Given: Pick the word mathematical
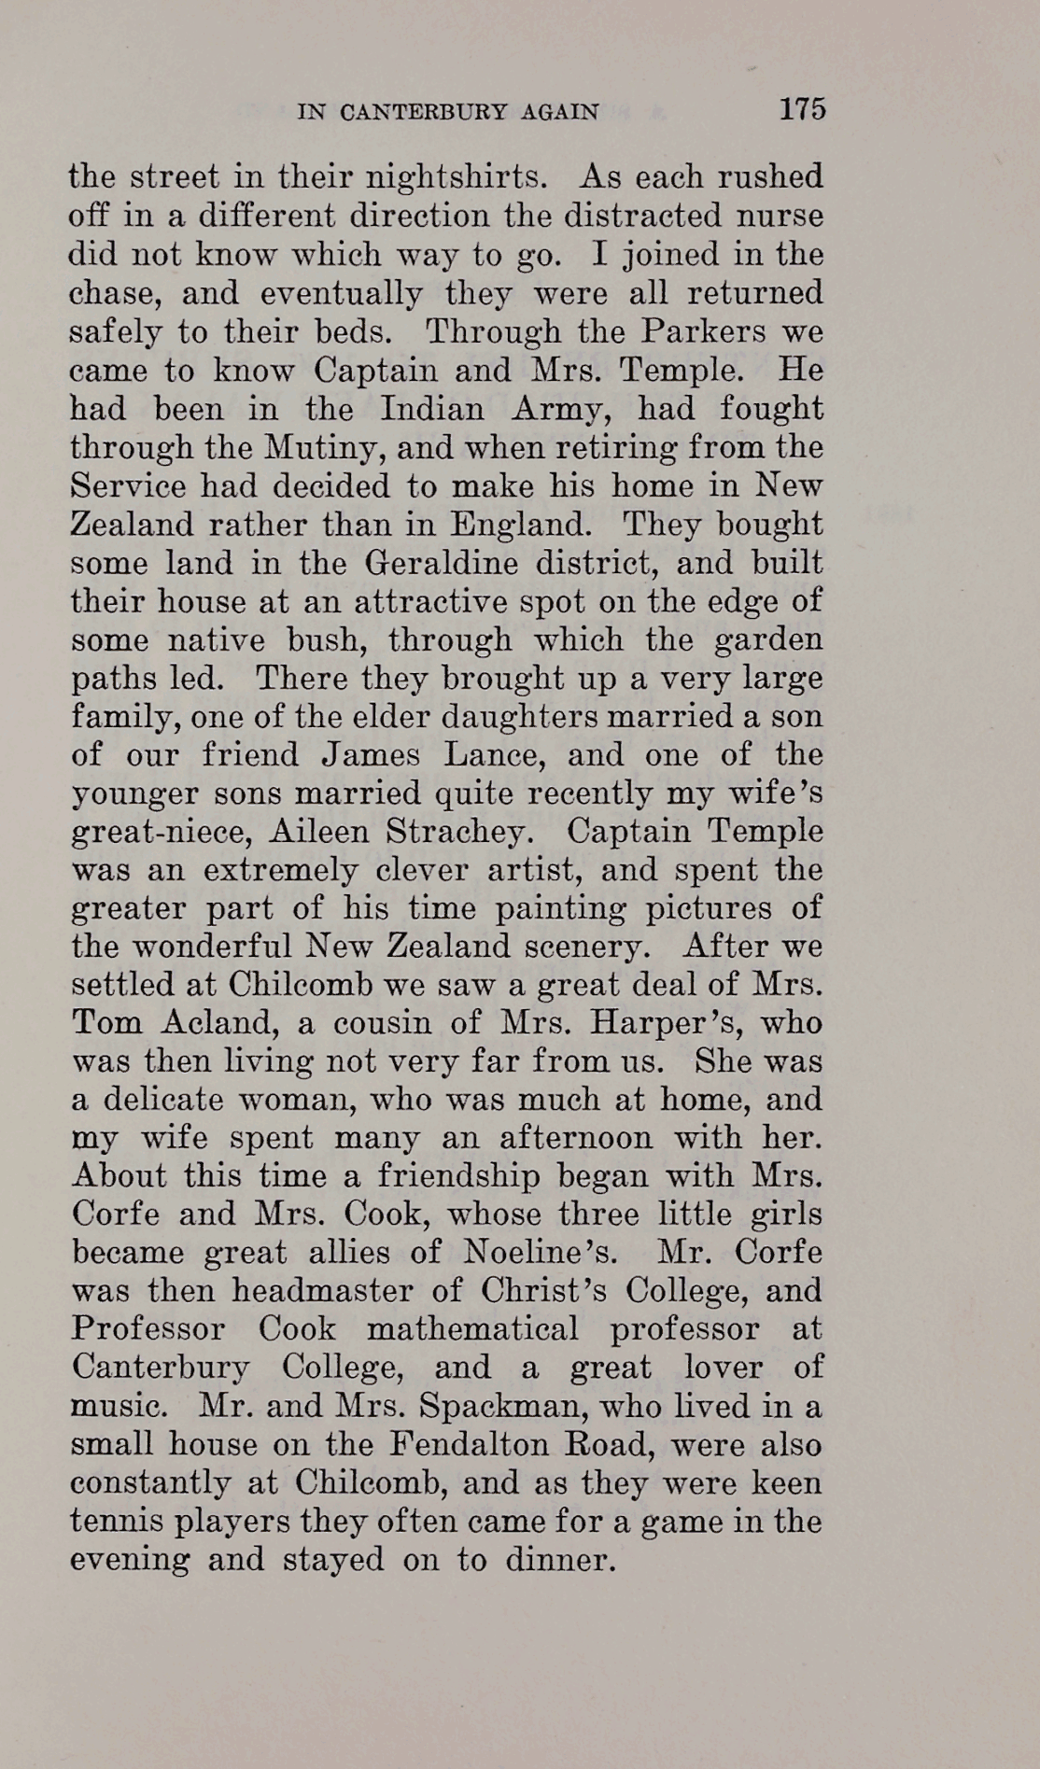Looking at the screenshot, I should click(472, 1329).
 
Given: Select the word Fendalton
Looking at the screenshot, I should click(468, 1445).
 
